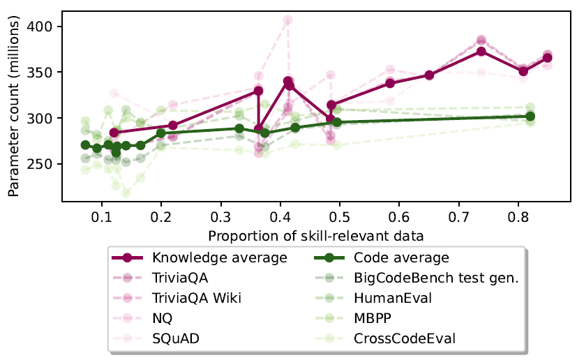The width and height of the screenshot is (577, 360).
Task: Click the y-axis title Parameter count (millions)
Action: (14, 105)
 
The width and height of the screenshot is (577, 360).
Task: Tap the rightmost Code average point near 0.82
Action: (530, 117)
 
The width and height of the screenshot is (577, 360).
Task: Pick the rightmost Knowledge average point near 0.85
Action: (548, 58)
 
